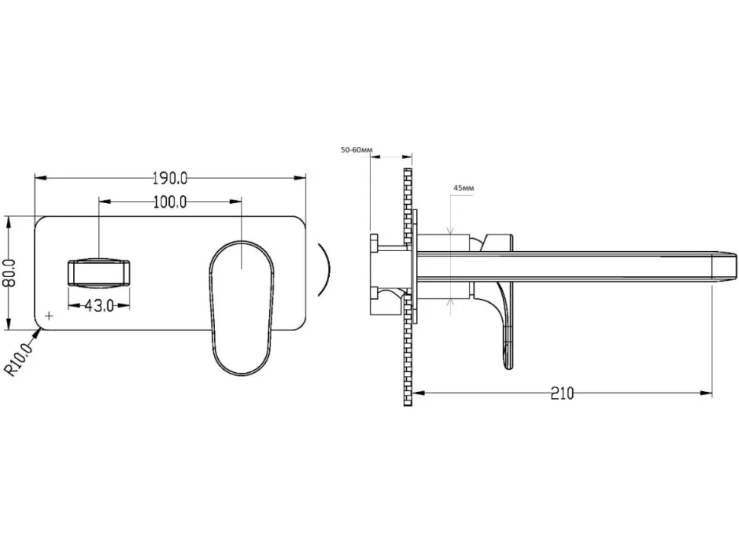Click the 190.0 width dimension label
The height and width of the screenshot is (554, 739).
[170, 178]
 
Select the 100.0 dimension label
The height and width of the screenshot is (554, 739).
[170, 202]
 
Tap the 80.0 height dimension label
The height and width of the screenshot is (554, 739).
[11, 273]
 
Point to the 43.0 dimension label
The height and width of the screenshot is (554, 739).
[99, 306]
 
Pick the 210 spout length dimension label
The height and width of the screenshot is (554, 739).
[562, 393]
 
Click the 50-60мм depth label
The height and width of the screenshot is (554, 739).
[357, 150]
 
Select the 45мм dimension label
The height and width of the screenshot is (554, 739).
[464, 188]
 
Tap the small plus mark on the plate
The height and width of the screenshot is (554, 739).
[49, 315]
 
